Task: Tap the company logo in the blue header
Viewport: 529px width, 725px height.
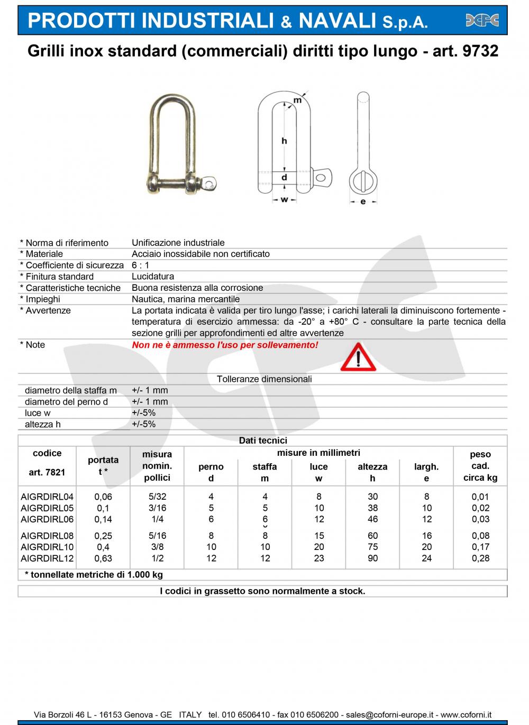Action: point(482,21)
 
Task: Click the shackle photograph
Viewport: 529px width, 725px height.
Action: point(178,143)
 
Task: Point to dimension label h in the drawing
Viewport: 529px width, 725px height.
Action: point(284,141)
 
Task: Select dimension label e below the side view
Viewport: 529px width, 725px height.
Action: point(362,201)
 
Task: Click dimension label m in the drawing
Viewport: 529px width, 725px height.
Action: point(297,100)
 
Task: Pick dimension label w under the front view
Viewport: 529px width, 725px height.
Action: point(284,200)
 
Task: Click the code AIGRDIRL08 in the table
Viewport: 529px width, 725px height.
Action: point(47,536)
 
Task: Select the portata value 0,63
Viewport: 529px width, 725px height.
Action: point(103,558)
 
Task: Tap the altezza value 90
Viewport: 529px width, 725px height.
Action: point(372,558)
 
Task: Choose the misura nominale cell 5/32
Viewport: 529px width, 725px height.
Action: point(157,497)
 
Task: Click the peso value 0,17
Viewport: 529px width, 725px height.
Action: point(480,547)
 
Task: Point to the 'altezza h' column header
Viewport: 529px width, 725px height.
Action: point(372,472)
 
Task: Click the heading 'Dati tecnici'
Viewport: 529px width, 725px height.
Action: point(263,440)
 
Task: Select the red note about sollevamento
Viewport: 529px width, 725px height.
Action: point(225,345)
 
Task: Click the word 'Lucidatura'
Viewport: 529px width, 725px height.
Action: point(153,277)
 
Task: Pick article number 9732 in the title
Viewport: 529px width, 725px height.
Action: point(480,51)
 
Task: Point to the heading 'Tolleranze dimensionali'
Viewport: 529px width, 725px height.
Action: point(264,379)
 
